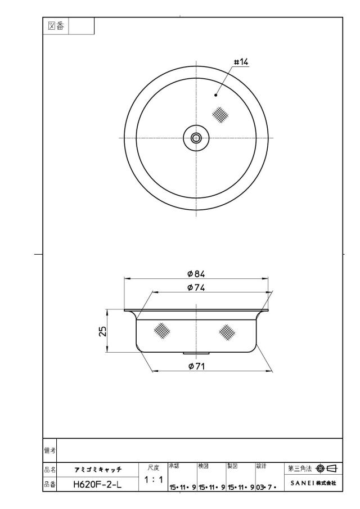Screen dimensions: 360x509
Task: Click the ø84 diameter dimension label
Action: (196, 274)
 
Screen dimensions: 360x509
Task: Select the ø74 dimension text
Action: (196, 287)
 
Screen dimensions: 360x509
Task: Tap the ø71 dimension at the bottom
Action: (196, 366)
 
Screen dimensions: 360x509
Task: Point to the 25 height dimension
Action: (102, 331)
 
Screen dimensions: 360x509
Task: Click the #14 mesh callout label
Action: (241, 62)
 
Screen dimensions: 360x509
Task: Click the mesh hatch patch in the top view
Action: (220, 115)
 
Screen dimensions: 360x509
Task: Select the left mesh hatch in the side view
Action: (162, 331)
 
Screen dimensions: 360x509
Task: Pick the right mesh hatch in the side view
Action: (227, 332)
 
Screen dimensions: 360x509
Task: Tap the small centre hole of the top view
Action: (196, 138)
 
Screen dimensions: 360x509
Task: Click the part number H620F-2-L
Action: (98, 485)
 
